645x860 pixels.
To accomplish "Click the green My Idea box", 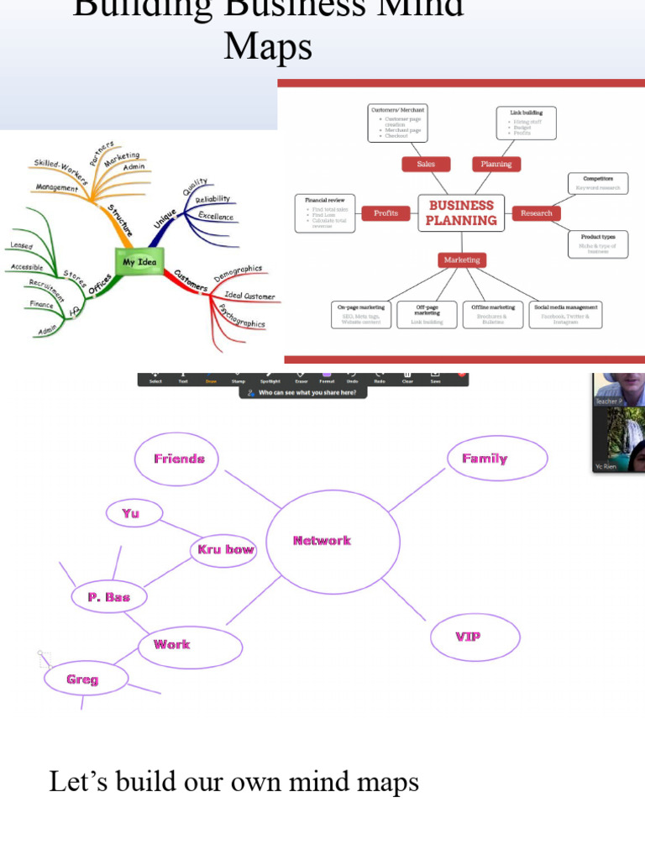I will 139,261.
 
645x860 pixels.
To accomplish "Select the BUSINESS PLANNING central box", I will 461,213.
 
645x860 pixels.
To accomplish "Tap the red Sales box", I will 426,164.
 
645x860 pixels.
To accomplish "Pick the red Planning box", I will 496,164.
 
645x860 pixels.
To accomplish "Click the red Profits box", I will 385,213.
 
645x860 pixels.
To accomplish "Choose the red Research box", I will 536,213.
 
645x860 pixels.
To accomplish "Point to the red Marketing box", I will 462,260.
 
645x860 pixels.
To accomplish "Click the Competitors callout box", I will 597,183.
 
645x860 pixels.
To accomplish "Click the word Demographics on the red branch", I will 238,274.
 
